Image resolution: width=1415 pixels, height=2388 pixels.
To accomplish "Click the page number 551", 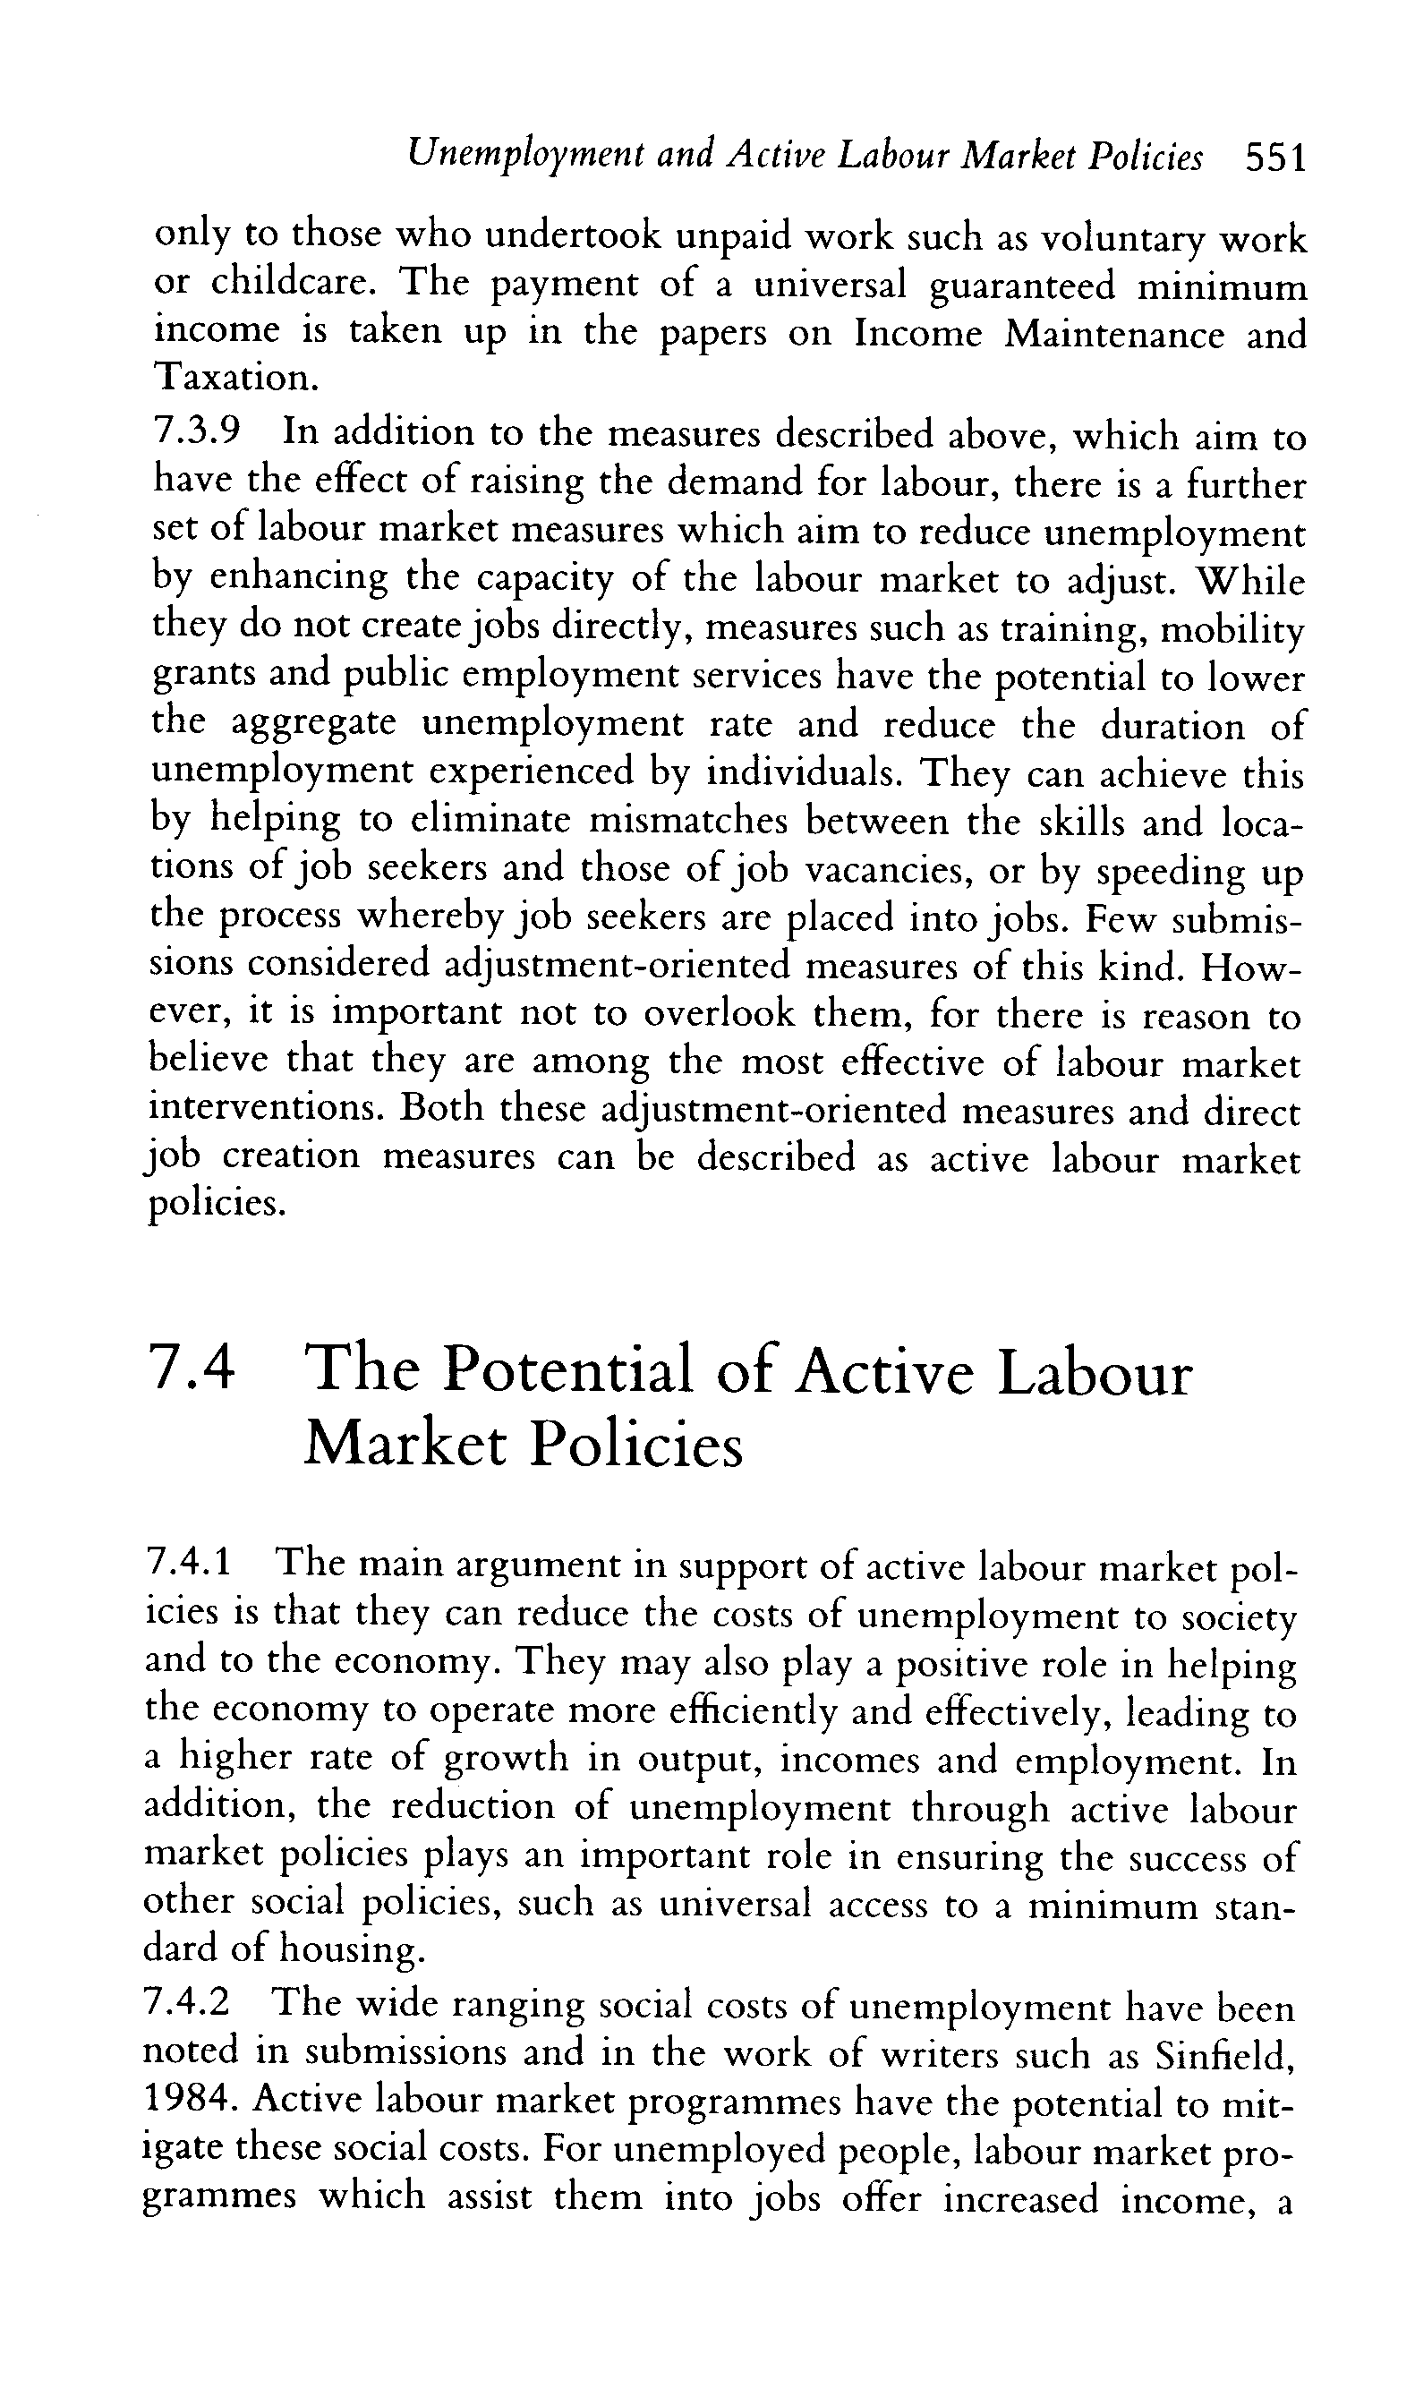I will point(1274,158).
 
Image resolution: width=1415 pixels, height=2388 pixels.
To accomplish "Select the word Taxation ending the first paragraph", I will point(232,379).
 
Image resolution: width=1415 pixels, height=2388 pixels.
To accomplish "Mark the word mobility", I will point(1235,629).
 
